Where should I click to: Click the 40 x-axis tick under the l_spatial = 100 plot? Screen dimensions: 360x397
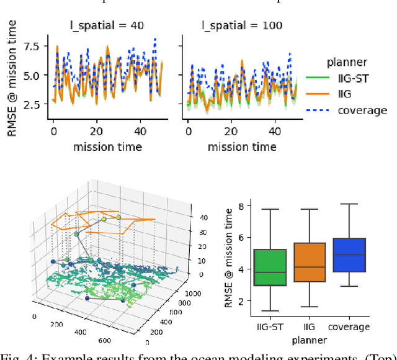click(276, 132)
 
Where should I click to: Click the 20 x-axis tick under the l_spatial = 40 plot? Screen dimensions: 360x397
click(95, 132)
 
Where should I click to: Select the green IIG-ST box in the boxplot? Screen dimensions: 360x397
click(270, 268)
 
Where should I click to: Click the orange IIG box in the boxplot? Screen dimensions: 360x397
click(310, 263)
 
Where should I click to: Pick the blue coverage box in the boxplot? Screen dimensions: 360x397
click(349, 254)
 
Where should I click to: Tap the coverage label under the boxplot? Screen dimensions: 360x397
click(349, 326)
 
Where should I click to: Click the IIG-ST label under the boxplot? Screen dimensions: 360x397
click(270, 326)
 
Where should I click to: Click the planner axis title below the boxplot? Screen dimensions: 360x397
click(310, 340)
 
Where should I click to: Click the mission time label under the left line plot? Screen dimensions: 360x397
click(108, 146)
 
